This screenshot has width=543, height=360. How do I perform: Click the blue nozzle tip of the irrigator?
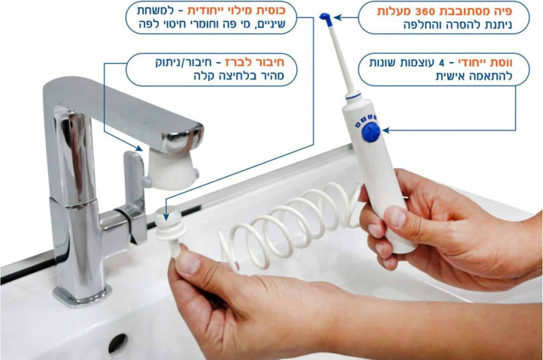click(x=325, y=19)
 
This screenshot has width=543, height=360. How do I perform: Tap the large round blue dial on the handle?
click(x=371, y=132)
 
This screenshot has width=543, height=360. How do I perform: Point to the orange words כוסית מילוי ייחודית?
click(x=236, y=11)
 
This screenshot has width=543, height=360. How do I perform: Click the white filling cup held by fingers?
click(x=170, y=229)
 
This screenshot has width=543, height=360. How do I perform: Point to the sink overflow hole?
click(x=118, y=343)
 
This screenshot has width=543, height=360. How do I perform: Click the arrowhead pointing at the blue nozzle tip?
click(x=337, y=17)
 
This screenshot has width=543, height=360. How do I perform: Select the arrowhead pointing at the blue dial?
click(x=385, y=130)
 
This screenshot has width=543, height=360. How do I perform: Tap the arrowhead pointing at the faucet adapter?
click(x=139, y=148)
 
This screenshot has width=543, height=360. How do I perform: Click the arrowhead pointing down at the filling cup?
click(x=166, y=217)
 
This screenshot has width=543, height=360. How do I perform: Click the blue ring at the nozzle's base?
click(x=353, y=96)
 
